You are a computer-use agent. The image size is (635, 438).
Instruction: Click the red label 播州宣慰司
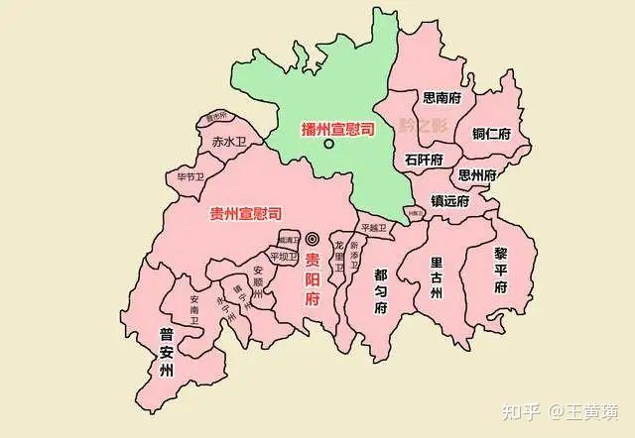pos(337,129)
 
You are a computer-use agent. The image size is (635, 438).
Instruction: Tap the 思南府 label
pos(442,98)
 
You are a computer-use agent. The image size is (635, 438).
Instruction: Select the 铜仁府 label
pos(491,134)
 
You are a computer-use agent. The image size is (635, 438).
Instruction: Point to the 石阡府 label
pos(425,159)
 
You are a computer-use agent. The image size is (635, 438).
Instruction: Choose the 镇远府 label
pos(449,199)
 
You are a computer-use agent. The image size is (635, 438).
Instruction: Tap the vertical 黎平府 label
pos(501,269)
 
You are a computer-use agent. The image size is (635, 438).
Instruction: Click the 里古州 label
pos(437,277)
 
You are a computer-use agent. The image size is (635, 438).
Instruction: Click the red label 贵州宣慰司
pos(246,213)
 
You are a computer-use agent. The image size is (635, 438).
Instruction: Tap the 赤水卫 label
pos(227,143)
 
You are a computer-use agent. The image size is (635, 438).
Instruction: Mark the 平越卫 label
pos(376,228)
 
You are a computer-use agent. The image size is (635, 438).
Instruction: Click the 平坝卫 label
pos(283,257)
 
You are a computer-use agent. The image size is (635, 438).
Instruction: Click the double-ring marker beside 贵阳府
pos(313,238)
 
